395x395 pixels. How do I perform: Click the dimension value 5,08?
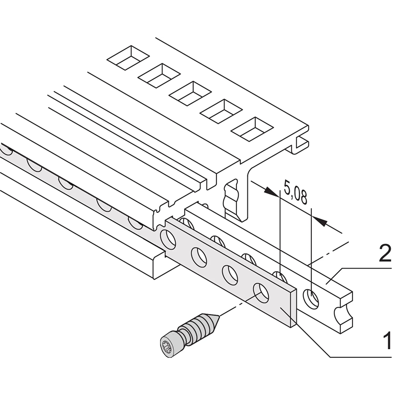(x=295, y=192)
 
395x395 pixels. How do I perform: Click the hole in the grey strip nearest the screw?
(x=261, y=293)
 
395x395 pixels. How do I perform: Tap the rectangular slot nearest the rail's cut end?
(x=253, y=129)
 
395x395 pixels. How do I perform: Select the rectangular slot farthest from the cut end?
(x=128, y=58)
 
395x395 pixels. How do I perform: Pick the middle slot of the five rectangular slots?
(x=190, y=93)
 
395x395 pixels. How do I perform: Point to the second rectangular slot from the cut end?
(x=222, y=111)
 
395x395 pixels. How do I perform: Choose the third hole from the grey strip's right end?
(x=199, y=257)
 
